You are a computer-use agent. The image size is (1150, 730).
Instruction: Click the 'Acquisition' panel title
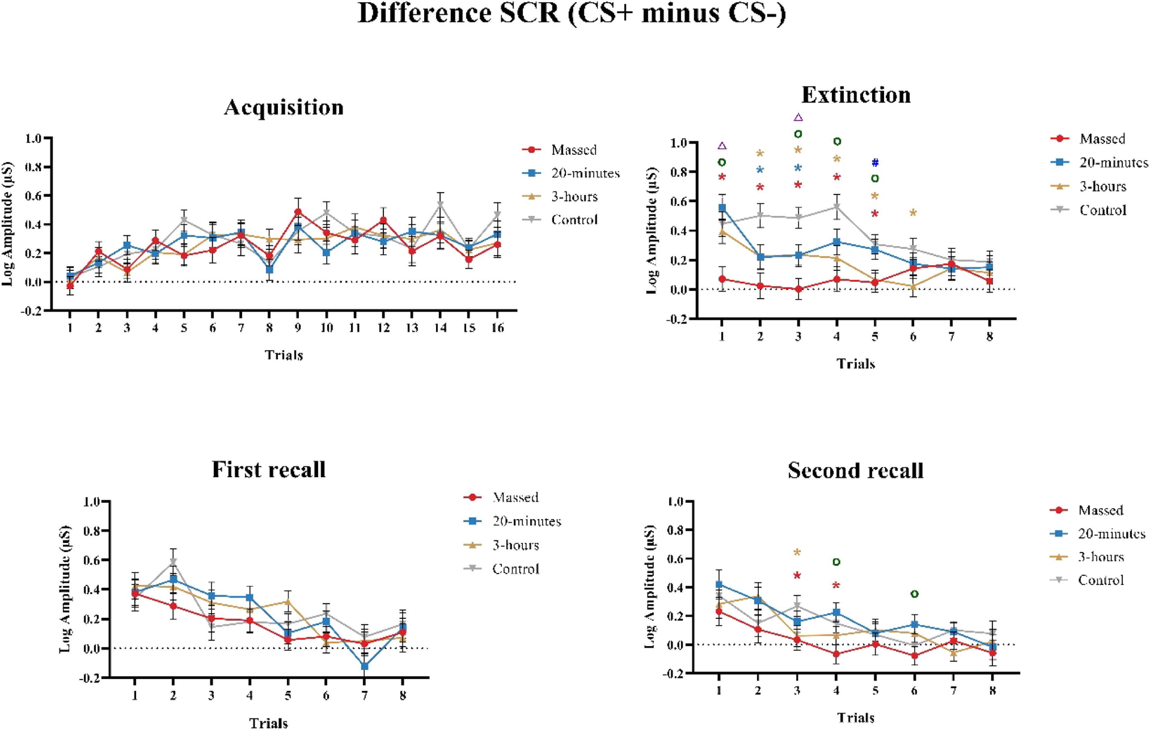[284, 108]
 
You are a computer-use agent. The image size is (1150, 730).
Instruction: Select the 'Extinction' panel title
[856, 95]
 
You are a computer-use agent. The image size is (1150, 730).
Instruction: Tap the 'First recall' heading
[269, 470]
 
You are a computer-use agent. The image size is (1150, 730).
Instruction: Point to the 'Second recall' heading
[855, 471]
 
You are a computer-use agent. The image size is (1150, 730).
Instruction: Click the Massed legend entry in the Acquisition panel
[573, 150]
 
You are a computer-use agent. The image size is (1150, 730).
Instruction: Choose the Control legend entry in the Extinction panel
[1103, 210]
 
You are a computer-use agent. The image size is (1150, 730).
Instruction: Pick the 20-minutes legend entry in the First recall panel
[526, 521]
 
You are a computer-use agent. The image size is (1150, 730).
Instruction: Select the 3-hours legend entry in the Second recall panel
[1100, 557]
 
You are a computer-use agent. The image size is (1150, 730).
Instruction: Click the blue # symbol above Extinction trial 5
[875, 163]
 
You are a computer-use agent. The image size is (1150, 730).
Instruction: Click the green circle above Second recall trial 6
[914, 594]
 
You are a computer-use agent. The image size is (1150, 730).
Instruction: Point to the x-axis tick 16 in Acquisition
[498, 328]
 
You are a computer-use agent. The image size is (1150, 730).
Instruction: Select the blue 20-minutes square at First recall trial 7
[364, 666]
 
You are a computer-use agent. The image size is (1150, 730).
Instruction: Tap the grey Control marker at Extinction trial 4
[837, 207]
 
